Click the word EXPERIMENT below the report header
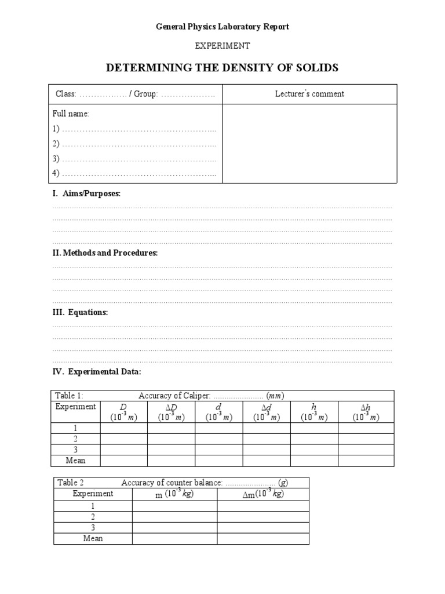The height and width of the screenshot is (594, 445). click(222, 45)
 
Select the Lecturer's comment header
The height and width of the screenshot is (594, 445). click(309, 94)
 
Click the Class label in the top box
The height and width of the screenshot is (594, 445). click(65, 94)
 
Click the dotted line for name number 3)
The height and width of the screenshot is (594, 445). click(138, 159)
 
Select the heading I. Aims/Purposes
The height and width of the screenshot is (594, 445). click(86, 194)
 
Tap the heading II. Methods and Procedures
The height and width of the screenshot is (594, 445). click(105, 253)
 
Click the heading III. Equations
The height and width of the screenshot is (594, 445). click(80, 312)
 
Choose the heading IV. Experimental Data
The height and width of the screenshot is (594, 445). click(96, 371)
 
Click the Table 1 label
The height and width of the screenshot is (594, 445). click(70, 396)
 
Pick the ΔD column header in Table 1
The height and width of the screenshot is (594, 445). click(171, 412)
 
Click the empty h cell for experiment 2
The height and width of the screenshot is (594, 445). click(314, 439)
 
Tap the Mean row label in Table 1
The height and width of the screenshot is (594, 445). click(76, 461)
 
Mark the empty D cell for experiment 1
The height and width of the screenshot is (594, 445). click(123, 428)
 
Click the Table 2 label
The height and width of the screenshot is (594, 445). click(71, 483)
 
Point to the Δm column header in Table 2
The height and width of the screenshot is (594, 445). click(263, 494)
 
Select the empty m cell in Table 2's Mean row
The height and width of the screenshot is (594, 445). click(174, 538)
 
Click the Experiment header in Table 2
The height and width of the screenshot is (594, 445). click(93, 494)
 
